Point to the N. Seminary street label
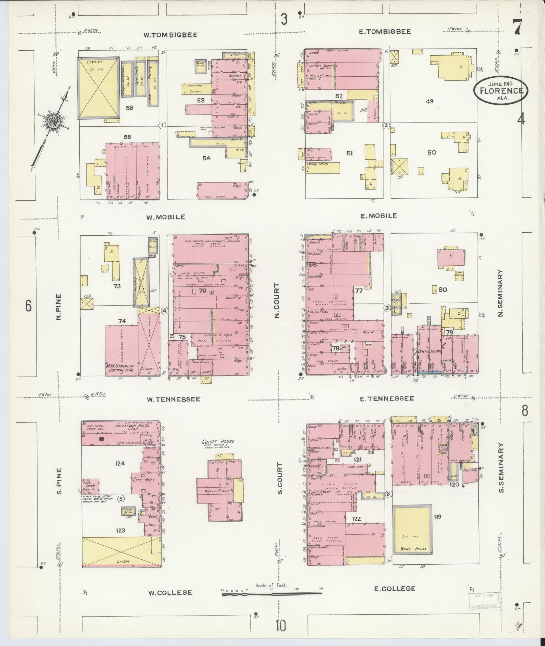point(500,293)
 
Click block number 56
point(129,108)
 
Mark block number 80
point(443,289)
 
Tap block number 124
point(120,463)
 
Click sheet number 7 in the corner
point(517,27)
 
